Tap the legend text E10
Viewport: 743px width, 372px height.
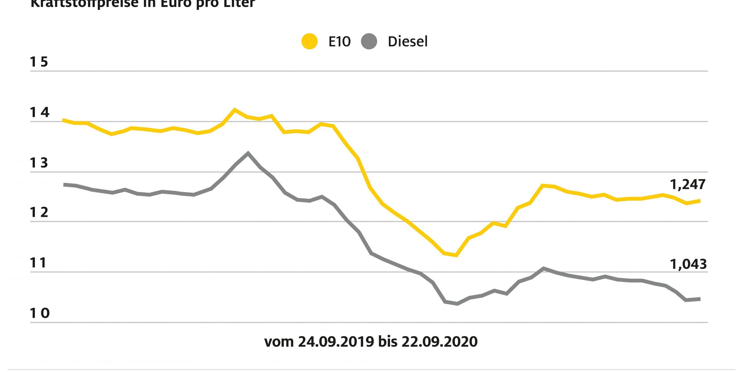point(339,42)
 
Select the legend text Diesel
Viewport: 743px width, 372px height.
point(407,42)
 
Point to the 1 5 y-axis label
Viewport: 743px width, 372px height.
point(39,62)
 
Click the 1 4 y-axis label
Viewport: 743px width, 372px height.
point(39,112)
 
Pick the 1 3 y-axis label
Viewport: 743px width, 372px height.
point(39,163)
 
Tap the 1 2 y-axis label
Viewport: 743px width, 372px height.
point(39,213)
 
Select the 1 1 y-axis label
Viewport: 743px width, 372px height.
point(38,263)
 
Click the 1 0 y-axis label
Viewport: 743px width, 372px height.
point(39,313)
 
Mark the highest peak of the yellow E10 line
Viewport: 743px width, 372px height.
point(235,110)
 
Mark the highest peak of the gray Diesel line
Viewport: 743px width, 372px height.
point(248,153)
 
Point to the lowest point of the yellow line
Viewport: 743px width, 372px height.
point(457,255)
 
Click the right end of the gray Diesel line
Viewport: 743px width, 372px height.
point(699,299)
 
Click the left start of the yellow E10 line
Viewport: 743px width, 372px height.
point(64,120)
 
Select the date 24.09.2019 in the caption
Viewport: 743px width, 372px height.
point(336,342)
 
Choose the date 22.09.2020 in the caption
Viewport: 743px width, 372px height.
point(439,342)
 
